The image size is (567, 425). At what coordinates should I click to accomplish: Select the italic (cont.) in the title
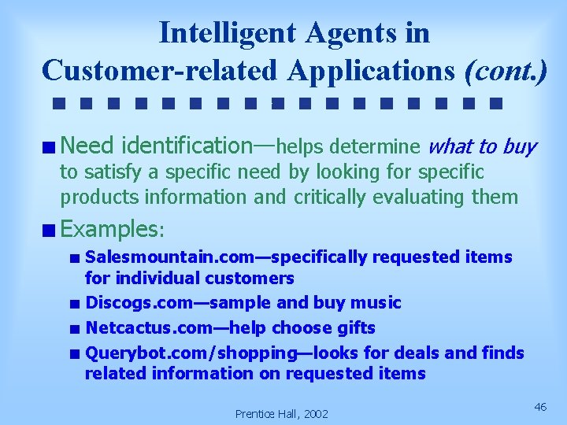[x=506, y=69]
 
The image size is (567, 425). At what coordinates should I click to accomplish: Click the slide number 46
[x=540, y=406]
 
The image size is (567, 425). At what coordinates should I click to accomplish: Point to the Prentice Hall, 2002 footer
[x=282, y=413]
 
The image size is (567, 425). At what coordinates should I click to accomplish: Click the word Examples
[x=109, y=230]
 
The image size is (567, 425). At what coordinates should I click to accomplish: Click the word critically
[x=333, y=197]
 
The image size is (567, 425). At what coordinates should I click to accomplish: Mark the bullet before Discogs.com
[x=73, y=304]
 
